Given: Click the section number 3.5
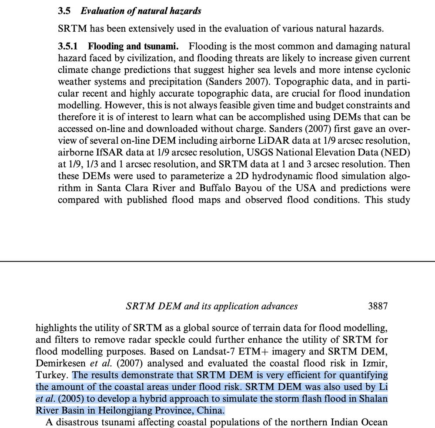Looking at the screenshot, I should coord(65,11).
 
